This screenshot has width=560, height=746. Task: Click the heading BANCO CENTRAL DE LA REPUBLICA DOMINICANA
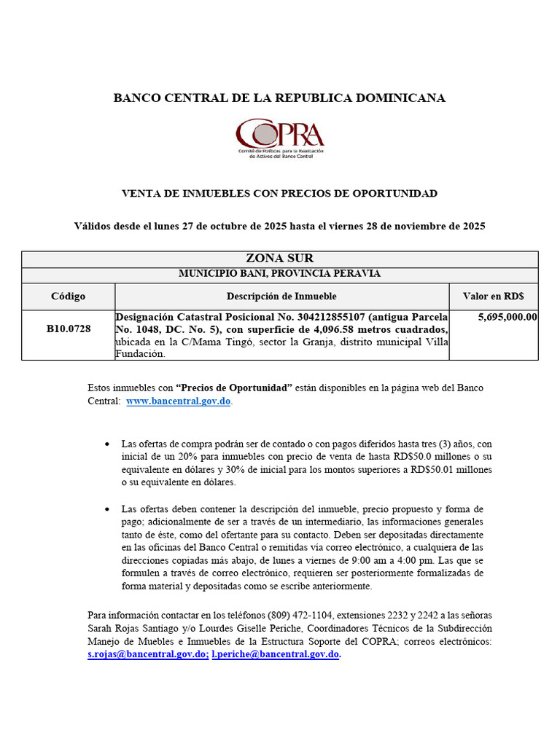coord(279,98)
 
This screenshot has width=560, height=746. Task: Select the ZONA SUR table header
coord(279,259)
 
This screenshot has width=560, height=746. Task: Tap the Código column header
coord(69,297)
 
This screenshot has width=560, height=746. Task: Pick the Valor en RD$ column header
coord(493,297)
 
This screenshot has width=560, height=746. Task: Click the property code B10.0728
coord(69,329)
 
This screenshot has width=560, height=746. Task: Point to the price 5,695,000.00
coord(507,318)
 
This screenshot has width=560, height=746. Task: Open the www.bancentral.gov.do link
coord(179,401)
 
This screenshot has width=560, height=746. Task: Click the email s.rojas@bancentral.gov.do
coord(147,655)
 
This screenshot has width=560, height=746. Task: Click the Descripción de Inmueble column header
coord(281,297)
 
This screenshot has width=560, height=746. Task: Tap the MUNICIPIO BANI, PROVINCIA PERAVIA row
coord(279,274)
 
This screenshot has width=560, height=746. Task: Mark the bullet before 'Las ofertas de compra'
coord(108,444)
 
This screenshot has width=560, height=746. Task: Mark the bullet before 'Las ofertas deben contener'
coord(108,509)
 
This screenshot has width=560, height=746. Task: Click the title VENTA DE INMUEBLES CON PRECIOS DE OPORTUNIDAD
coord(279,194)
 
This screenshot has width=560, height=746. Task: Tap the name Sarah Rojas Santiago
coord(133,628)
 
